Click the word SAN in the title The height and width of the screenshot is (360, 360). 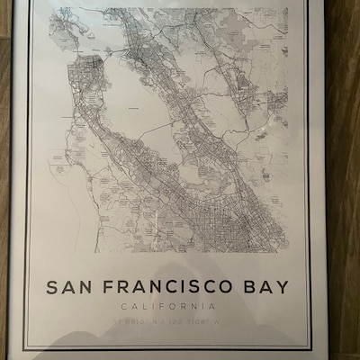(x=68, y=288)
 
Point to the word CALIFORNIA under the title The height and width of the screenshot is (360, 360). (x=167, y=308)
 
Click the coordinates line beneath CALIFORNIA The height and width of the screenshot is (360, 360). (x=167, y=321)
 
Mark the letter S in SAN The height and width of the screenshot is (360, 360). (x=51, y=288)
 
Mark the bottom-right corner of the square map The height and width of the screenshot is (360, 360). (x=288, y=252)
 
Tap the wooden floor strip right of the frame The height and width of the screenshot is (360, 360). (x=343, y=180)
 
